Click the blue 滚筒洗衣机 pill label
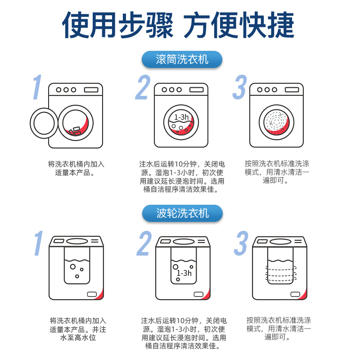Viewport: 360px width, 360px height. pyautogui.click(x=182, y=59)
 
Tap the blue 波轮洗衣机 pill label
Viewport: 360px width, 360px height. pyautogui.click(x=182, y=213)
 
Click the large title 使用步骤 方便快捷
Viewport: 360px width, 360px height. pyautogui.click(x=178, y=25)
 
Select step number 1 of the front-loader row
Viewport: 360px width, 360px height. pyautogui.click(x=37, y=87)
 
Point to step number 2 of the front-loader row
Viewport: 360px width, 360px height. pyautogui.click(x=143, y=87)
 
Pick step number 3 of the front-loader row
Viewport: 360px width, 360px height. pyautogui.click(x=240, y=87)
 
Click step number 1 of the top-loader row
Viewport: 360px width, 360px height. pyautogui.click(x=39, y=243)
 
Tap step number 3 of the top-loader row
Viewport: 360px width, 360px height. pyautogui.click(x=241, y=243)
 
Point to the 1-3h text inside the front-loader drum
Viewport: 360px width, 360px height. pyautogui.click(x=181, y=117)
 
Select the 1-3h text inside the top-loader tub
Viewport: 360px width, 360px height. pyautogui.click(x=184, y=273)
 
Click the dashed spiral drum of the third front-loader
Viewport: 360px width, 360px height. pyautogui.click(x=276, y=122)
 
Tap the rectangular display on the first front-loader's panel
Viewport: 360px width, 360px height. pyautogui.click(x=91, y=90)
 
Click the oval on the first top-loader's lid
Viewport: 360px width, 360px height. pyautogui.click(x=77, y=241)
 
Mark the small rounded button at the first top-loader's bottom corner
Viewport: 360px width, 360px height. pyautogui.click(x=92, y=294)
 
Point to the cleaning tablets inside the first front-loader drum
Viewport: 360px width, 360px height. pyautogui.click(x=75, y=131)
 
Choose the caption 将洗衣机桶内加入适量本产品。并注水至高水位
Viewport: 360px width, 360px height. pyautogui.click(x=78, y=329)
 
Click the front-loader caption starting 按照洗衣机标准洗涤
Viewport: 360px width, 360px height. pyautogui.click(x=277, y=172)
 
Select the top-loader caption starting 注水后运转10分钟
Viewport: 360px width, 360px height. pyautogui.click(x=184, y=333)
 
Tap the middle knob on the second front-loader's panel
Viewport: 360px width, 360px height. pyautogui.click(x=172, y=90)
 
